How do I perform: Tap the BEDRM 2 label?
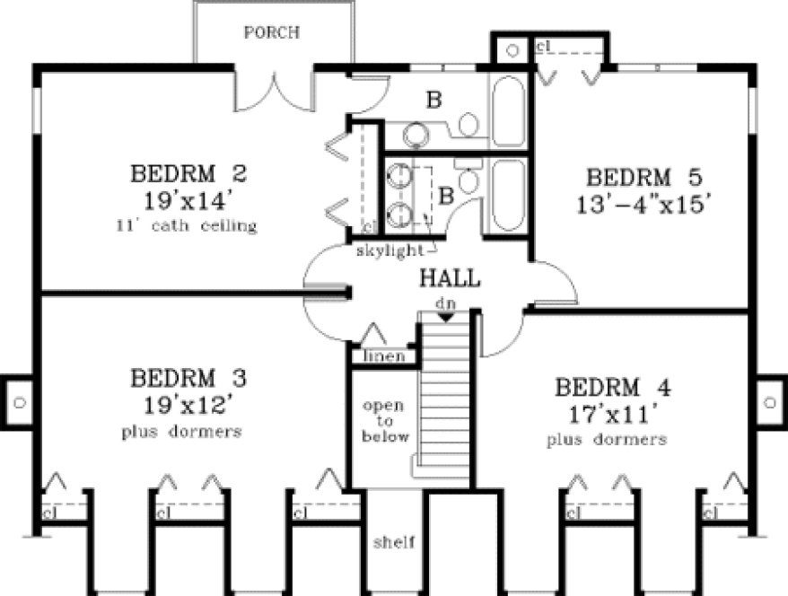188,171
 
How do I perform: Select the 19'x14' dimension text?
188,198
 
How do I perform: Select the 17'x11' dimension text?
609,416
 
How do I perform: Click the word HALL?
450,278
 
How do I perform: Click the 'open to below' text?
385,421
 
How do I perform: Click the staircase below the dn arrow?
446,395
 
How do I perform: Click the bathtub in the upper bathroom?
509,111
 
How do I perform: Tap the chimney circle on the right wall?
769,401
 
